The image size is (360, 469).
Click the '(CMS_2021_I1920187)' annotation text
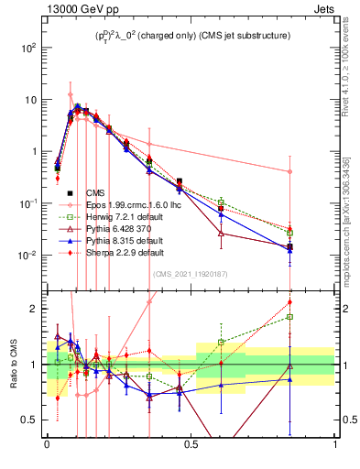(191, 272)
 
